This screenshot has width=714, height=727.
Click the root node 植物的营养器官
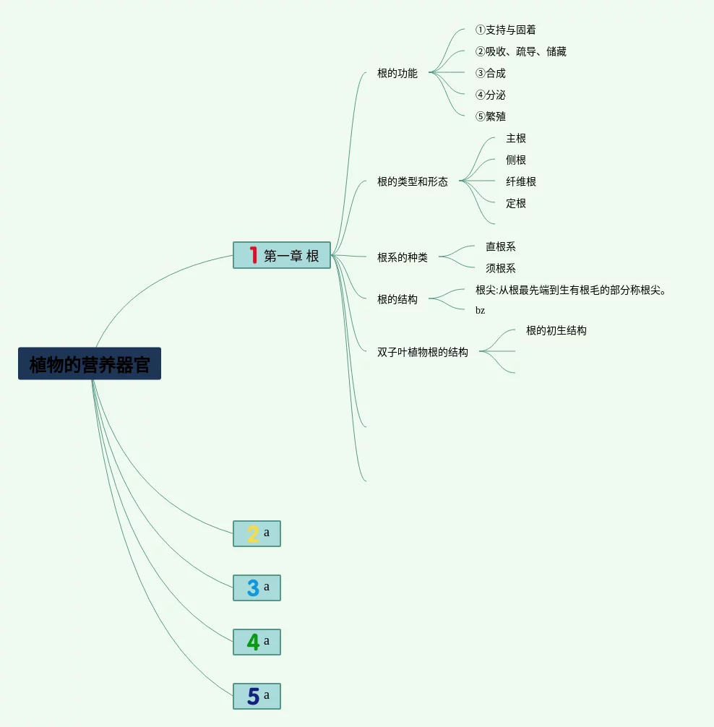pyautogui.click(x=90, y=363)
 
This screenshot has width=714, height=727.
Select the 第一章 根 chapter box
pyautogui.click(x=282, y=255)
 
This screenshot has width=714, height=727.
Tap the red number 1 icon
pyautogui.click(x=253, y=255)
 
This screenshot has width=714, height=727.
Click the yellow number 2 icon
pyautogui.click(x=253, y=534)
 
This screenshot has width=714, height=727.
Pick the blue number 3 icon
pyautogui.click(x=253, y=588)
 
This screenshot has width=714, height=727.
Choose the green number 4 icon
pyautogui.click(x=253, y=642)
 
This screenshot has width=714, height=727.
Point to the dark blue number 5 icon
pyautogui.click(x=253, y=696)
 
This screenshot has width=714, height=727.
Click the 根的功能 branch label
pyautogui.click(x=397, y=73)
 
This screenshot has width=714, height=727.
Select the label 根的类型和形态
pyautogui.click(x=412, y=181)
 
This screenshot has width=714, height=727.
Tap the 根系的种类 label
pyautogui.click(x=402, y=257)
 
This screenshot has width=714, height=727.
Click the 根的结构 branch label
pyautogui.click(x=397, y=299)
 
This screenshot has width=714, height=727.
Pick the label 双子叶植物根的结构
pyautogui.click(x=422, y=352)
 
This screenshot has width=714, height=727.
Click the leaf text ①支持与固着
pyautogui.click(x=505, y=30)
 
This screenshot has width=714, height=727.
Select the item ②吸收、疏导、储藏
pyautogui.click(x=520, y=51)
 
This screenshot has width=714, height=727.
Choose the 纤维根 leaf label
pyautogui.click(x=520, y=181)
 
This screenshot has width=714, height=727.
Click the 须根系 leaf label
pyautogui.click(x=500, y=268)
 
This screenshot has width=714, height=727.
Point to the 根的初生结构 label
pyautogui.click(x=556, y=330)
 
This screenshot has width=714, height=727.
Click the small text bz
pyautogui.click(x=480, y=310)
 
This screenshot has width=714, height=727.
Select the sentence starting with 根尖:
pyautogui.click(x=570, y=290)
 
